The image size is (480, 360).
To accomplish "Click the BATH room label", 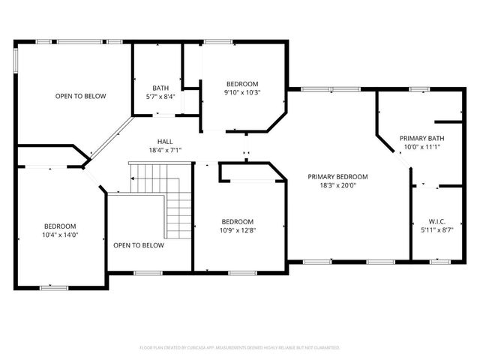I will coord(160,87).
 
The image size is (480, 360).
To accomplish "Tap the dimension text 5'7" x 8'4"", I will coord(160,96).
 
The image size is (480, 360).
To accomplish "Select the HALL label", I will coord(164,141).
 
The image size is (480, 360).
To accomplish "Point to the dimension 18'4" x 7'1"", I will coord(164,150).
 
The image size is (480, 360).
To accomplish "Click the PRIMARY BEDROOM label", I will coord(337,176).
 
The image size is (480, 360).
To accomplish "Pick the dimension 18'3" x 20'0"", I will coord(337,185).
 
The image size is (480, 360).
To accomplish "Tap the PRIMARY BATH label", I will coord(421,138).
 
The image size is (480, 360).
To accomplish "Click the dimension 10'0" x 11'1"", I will coord(421,147).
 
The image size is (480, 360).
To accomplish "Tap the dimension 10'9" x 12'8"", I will coord(238,229).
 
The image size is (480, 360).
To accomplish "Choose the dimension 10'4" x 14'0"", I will coord(61,235).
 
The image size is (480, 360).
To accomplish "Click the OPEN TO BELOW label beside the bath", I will coord(80,96).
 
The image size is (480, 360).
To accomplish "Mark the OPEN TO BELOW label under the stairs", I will coord(138,245).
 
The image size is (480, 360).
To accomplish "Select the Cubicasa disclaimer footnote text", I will coord(239,348).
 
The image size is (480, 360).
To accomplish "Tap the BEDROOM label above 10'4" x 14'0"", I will coord(61,226).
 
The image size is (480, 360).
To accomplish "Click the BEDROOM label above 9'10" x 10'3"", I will coord(243,83).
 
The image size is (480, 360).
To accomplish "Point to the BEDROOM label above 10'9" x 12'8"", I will coord(238,220).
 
